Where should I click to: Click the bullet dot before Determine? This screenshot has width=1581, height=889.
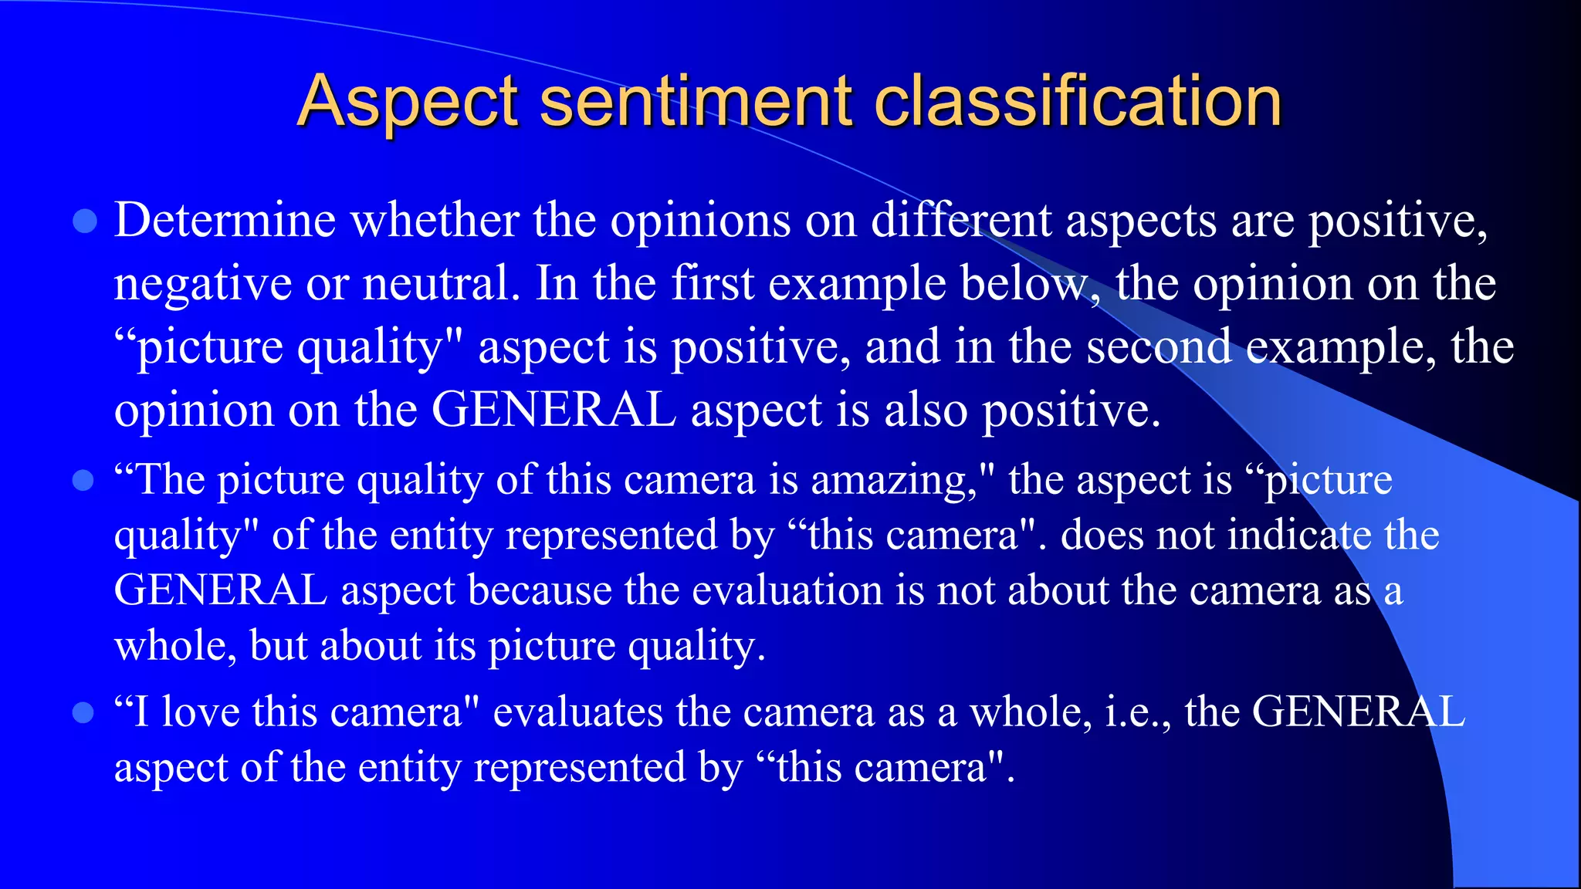click(84, 221)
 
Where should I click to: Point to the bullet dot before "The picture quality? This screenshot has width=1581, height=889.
click(83, 482)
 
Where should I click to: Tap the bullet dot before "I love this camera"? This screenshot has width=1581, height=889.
click(83, 712)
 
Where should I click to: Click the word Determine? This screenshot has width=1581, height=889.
click(225, 221)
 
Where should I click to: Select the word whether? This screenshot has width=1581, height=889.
click(435, 221)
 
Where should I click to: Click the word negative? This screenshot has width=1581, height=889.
click(202, 284)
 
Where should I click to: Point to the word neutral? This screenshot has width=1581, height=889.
click(441, 284)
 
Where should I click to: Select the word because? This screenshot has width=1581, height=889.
click(540, 590)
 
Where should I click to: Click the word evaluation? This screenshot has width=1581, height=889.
click(787, 590)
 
